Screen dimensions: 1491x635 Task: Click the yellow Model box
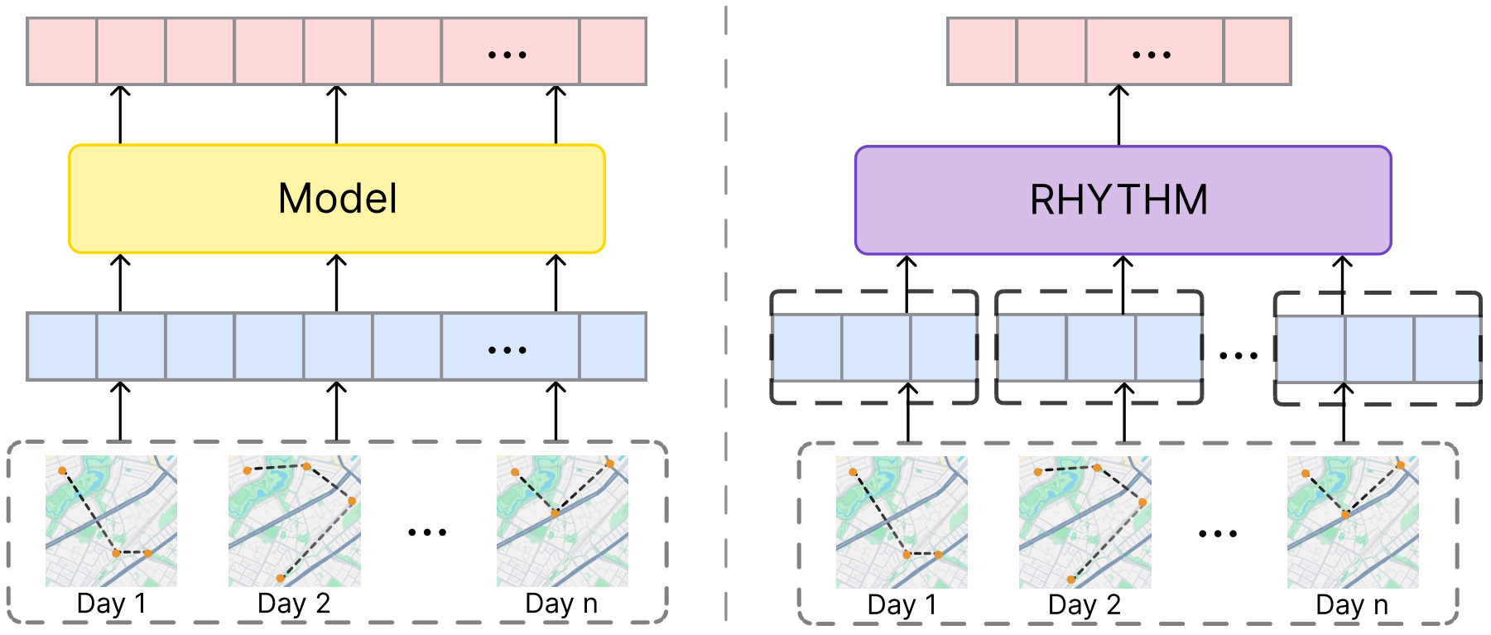(x=337, y=199)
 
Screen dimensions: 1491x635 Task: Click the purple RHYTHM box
(x=1123, y=200)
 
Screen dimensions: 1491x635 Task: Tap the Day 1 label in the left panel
(x=111, y=604)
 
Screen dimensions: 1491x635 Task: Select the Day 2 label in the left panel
(x=294, y=604)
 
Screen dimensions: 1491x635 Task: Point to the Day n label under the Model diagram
(x=561, y=604)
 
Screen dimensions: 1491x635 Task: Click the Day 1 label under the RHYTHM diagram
(x=902, y=605)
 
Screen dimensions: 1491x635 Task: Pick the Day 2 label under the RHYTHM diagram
(x=1085, y=605)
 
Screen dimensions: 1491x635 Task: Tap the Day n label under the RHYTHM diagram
(x=1352, y=605)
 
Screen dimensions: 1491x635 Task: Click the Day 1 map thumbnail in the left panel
(x=111, y=522)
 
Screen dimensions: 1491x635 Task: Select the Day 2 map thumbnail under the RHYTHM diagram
(x=1085, y=522)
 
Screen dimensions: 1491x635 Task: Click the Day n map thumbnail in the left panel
(x=562, y=522)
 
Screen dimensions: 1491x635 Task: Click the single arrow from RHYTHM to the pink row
(x=1118, y=115)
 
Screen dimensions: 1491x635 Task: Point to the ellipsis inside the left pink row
(x=507, y=55)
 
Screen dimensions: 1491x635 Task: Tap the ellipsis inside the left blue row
(x=507, y=350)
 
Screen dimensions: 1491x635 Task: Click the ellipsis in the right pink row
(x=1152, y=55)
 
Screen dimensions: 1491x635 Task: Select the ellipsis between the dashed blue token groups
(x=1238, y=356)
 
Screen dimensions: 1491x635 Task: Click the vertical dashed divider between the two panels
(x=726, y=315)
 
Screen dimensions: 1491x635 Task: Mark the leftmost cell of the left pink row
(x=62, y=51)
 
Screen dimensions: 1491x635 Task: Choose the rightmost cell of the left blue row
(x=613, y=346)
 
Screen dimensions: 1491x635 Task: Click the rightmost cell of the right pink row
(x=1257, y=51)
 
